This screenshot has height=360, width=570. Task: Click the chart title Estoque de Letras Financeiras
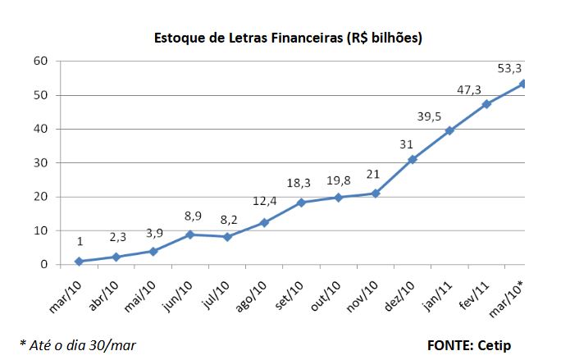click(x=288, y=39)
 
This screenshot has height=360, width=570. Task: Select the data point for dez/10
click(x=413, y=159)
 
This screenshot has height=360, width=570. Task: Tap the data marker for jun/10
click(x=189, y=235)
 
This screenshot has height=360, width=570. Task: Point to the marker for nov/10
click(x=376, y=194)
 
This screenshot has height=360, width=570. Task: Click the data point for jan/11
click(x=449, y=130)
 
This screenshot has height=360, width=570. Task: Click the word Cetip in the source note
click(x=493, y=345)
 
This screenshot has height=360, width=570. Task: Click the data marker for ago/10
click(x=264, y=222)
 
